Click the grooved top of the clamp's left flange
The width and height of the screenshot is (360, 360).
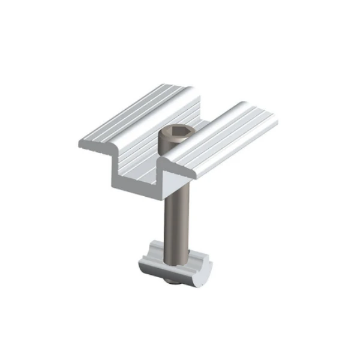(x=138, y=117)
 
